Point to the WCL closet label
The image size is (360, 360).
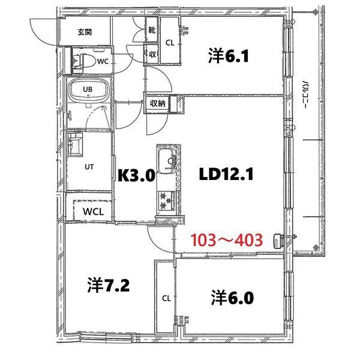pos(93,211)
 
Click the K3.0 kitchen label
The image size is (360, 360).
pos(136,175)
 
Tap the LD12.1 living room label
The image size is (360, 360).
pos(227,175)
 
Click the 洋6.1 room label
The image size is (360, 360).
pos(229,58)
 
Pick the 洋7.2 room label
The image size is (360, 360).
pos(108,284)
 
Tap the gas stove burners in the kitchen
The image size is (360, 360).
pos(166,200)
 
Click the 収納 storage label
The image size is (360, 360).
pos(158,103)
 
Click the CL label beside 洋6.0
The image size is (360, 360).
pos(165,298)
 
